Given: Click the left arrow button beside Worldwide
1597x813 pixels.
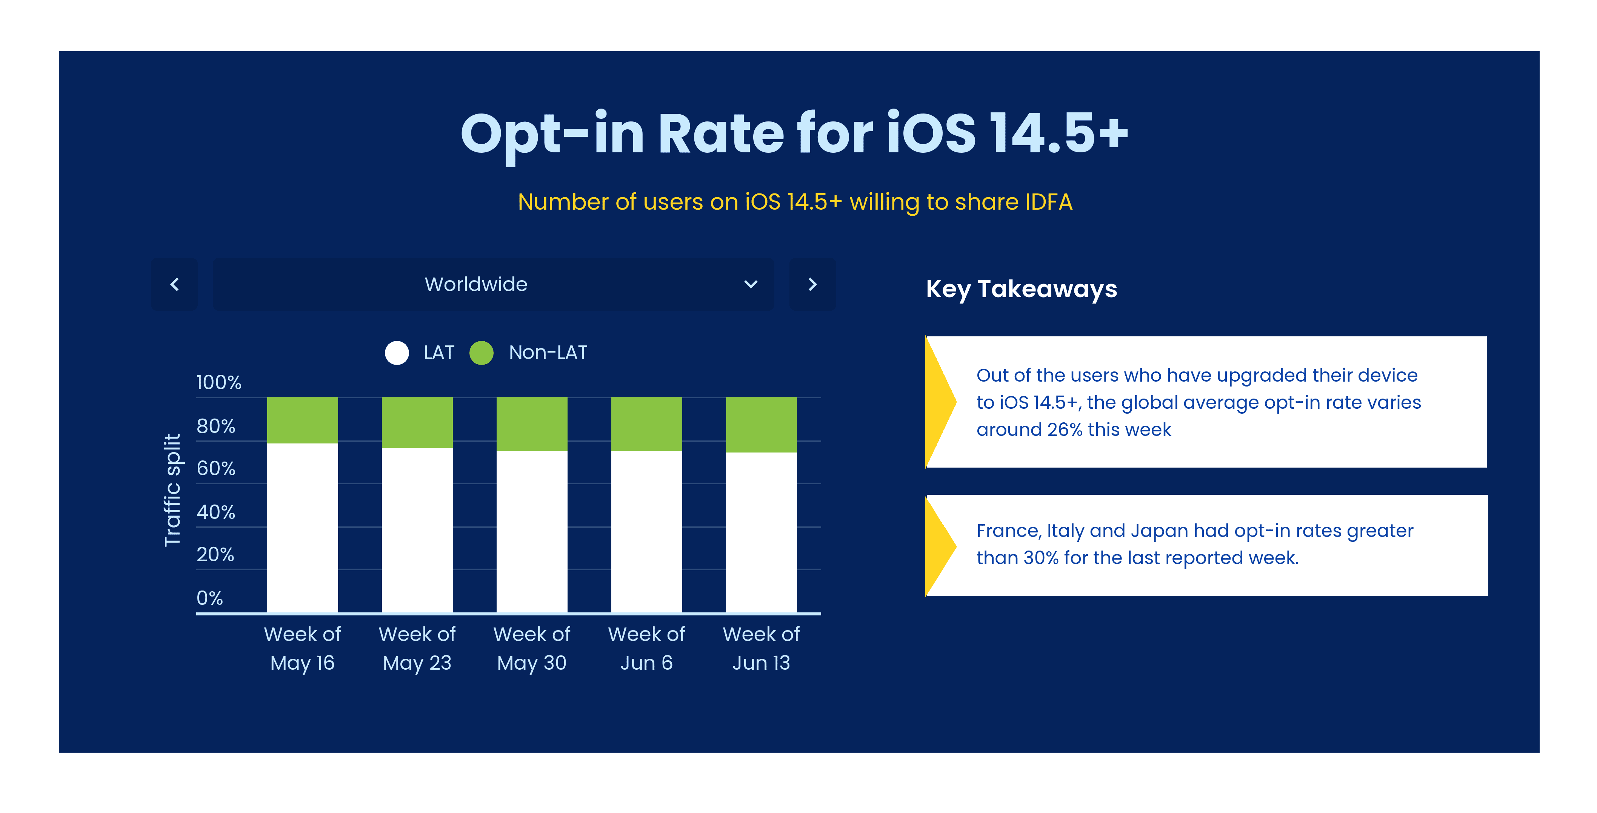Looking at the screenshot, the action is coord(174,284).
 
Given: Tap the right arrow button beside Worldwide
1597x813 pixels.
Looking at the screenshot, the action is coord(812,284).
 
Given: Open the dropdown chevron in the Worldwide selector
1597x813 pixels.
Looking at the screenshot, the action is coord(751,284).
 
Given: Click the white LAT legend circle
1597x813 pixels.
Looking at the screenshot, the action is coord(397,353).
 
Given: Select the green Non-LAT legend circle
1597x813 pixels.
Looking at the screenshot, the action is coord(481,353).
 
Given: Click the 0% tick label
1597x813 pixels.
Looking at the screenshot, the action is coord(209,598).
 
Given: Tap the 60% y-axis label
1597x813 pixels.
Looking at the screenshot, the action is coord(216,468).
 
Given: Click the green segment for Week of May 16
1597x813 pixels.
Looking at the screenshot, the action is coord(303,420).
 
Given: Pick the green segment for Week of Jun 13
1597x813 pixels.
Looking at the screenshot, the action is coord(761,425).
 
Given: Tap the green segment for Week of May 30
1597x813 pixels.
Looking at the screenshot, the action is coord(532,424).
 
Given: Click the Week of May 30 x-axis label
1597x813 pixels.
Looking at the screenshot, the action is coord(532,648).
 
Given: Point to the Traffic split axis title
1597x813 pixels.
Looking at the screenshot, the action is coord(172,489).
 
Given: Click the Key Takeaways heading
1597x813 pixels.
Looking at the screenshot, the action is coord(1022,289).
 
